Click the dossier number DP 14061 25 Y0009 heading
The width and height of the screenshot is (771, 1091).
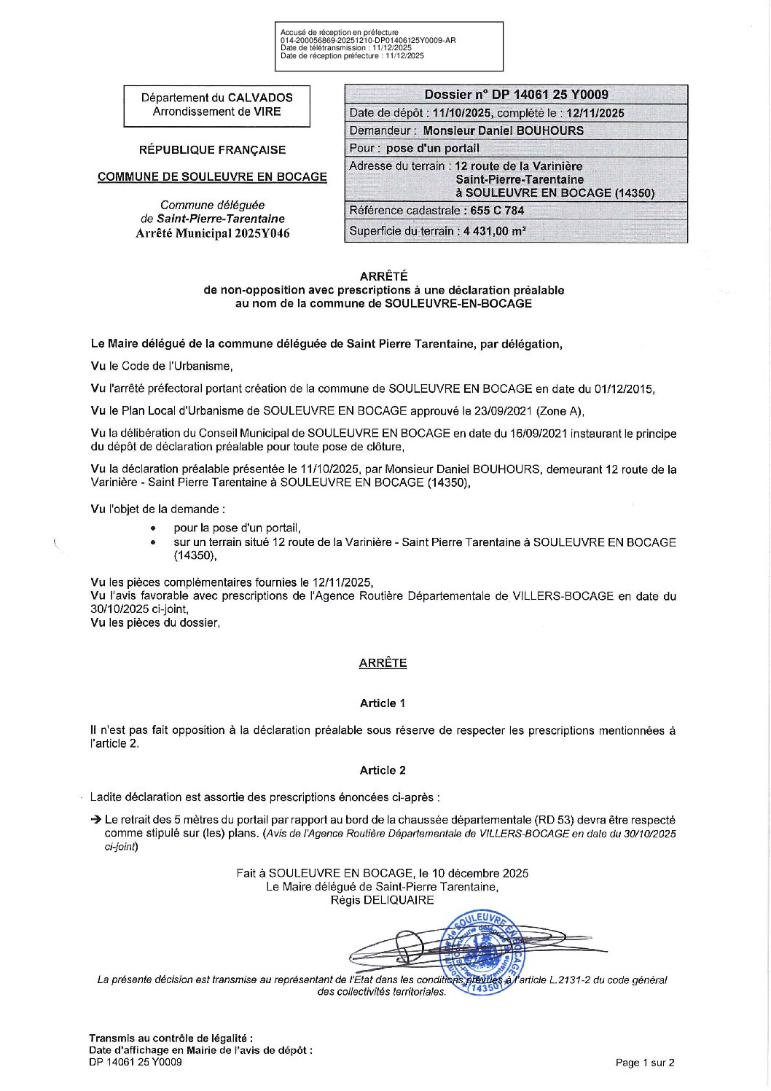(516, 94)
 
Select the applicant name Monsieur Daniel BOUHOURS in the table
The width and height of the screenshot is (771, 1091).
(503, 130)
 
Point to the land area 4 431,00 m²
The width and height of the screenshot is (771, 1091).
(493, 231)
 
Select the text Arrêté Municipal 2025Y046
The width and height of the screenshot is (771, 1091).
(212, 233)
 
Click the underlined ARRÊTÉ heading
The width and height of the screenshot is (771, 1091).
(383, 662)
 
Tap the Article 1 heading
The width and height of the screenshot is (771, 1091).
(383, 703)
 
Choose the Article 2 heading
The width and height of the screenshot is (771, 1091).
(383, 770)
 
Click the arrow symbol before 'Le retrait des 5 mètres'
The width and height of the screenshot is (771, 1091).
(95, 819)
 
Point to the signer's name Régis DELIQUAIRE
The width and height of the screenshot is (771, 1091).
(382, 900)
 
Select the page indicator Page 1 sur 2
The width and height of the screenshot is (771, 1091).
(645, 1063)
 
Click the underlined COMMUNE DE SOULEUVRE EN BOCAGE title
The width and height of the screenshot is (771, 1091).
(212, 176)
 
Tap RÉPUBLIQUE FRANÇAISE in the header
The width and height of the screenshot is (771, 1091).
(212, 149)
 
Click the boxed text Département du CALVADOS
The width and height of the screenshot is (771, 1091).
(217, 97)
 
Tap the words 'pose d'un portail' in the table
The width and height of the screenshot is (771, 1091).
(433, 148)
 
